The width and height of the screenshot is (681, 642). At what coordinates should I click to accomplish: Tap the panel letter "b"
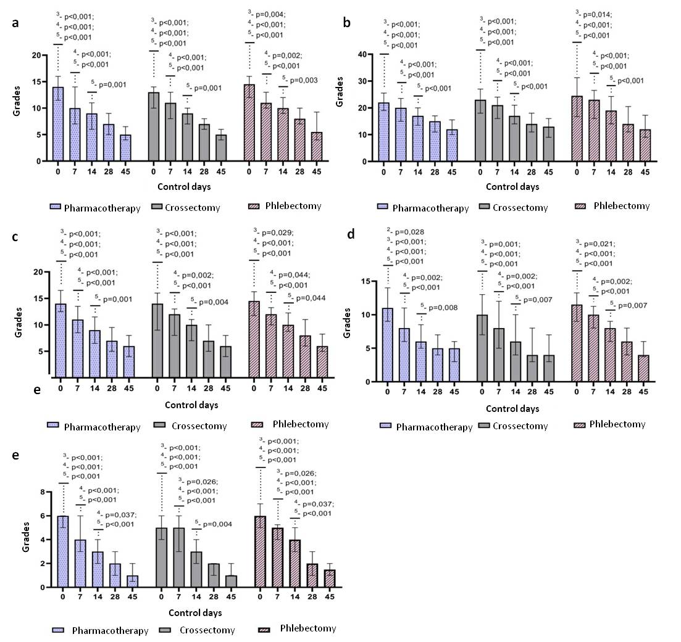pos(347,23)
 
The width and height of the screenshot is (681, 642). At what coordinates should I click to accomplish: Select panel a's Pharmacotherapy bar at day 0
pos(58,124)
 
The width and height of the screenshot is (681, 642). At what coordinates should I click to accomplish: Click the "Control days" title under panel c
pos(191,405)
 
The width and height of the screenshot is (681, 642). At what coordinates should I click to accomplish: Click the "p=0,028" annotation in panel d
pos(409,232)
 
